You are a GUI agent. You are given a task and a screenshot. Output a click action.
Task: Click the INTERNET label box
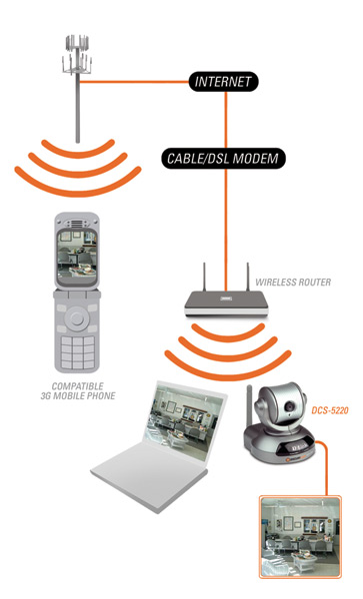point(223,82)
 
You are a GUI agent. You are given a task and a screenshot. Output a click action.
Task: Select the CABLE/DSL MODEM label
point(223,158)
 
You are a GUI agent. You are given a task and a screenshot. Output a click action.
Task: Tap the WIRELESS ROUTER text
point(293,283)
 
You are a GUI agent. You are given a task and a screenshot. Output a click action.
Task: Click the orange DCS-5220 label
point(330,410)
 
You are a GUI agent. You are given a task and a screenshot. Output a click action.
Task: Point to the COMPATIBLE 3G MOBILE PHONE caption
point(78,391)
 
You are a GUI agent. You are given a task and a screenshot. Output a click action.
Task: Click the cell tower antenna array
point(77,55)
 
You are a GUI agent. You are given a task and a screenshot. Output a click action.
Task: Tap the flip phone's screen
point(77,253)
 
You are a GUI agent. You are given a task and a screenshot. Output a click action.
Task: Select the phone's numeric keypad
point(78,352)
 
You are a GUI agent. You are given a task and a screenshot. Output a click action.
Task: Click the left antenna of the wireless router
point(204,277)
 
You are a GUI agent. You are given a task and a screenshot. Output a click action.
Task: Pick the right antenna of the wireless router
point(247,277)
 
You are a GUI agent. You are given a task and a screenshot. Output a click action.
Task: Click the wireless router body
point(226,304)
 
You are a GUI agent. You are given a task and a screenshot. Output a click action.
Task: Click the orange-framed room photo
point(300,537)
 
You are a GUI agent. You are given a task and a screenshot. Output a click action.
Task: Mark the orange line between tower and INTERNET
point(134,82)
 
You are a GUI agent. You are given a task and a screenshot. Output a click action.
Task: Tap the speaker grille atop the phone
point(77,224)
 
